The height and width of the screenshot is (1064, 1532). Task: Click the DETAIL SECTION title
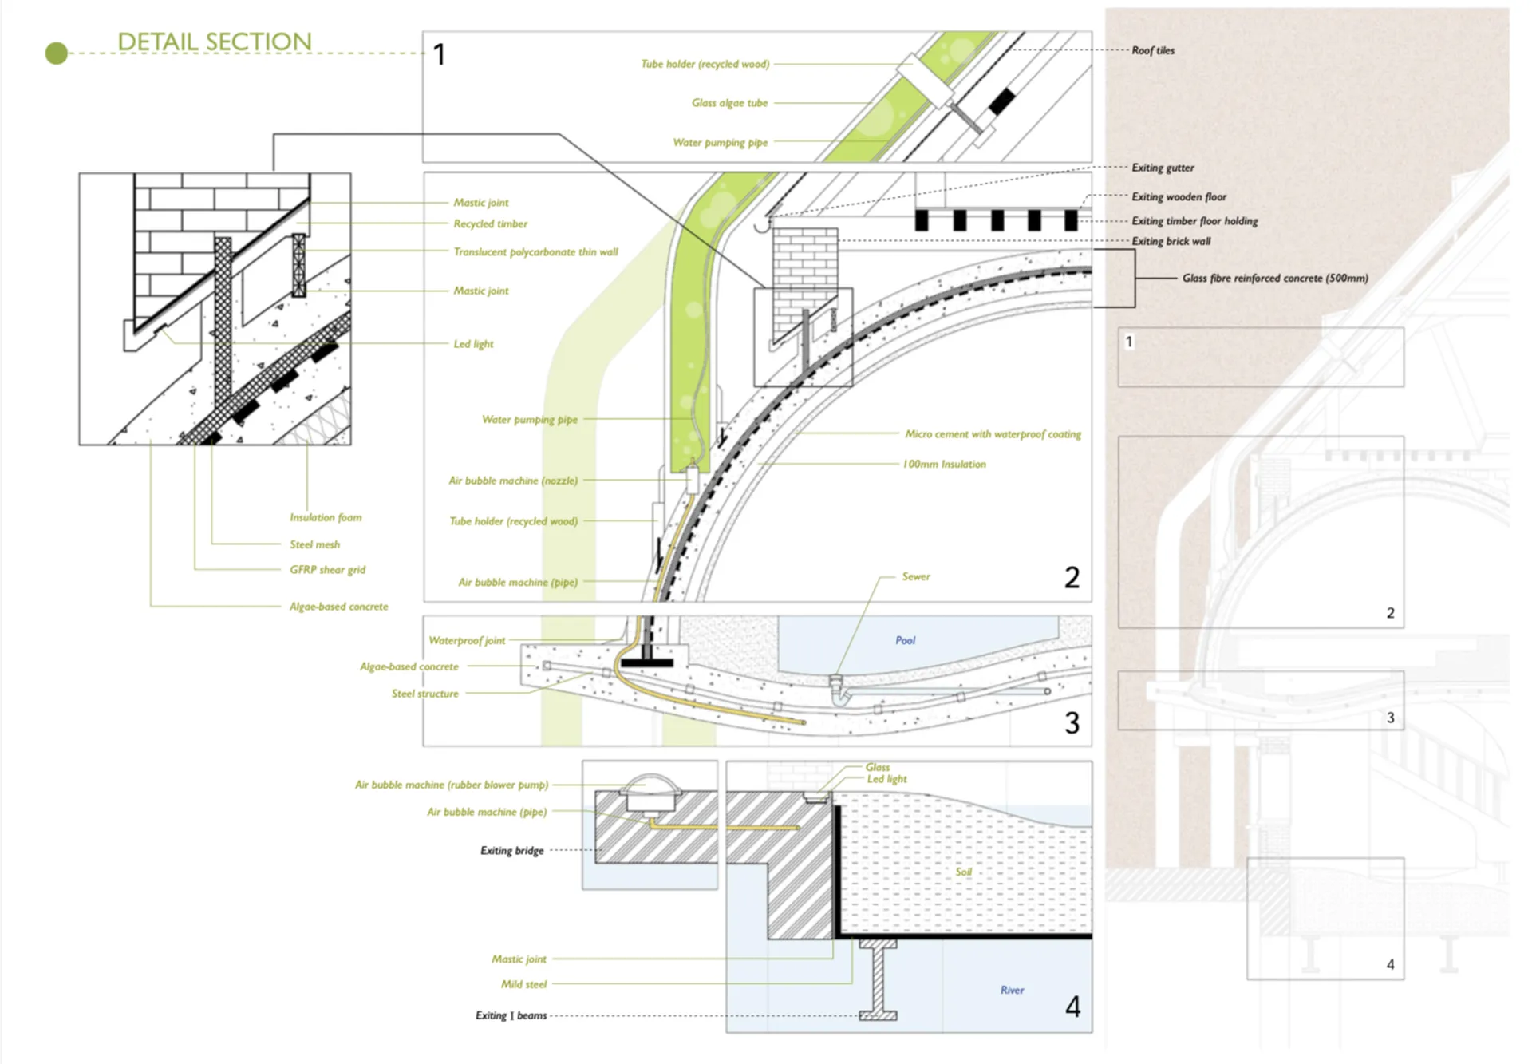tap(215, 42)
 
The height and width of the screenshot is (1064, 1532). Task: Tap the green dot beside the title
tap(57, 53)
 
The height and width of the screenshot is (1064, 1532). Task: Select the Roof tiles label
tap(1153, 50)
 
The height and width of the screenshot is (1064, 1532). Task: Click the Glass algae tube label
tap(729, 103)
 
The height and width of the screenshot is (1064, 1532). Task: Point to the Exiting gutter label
tap(1163, 168)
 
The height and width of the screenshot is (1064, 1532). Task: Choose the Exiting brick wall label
tap(1171, 241)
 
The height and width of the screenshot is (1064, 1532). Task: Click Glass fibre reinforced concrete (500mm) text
tap(1274, 278)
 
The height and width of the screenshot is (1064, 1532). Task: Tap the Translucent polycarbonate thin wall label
tap(535, 252)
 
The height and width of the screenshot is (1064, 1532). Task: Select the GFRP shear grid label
tap(327, 570)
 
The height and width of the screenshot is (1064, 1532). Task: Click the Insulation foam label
tap(326, 517)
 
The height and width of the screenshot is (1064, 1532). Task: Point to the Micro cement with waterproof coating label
tap(993, 434)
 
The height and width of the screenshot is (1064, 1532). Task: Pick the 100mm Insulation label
tap(944, 465)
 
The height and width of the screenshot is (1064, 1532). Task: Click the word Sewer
tap(916, 576)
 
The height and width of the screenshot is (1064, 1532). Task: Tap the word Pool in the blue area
tap(905, 640)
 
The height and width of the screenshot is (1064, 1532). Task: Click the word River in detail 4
tap(1012, 990)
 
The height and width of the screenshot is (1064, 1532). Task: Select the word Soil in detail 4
tap(964, 872)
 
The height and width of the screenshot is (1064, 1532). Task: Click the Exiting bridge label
tap(511, 851)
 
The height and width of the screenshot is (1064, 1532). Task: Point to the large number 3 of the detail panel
tap(1072, 723)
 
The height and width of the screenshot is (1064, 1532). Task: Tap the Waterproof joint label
tap(467, 640)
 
